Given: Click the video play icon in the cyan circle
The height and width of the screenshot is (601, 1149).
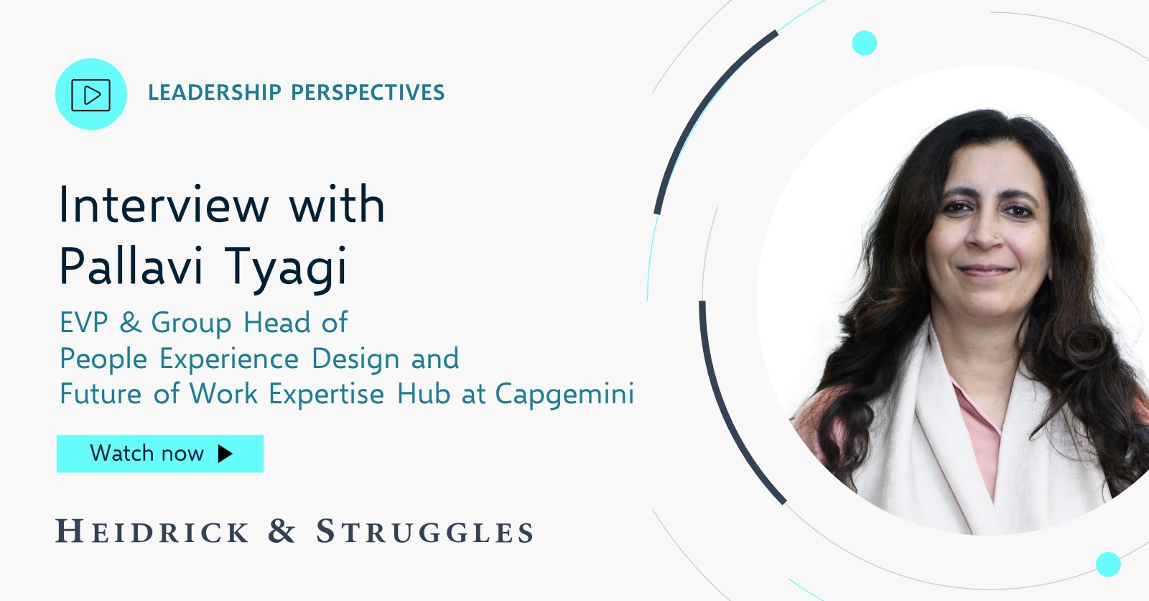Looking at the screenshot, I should (91, 95).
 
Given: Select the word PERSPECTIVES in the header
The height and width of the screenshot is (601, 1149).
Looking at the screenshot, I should (368, 93).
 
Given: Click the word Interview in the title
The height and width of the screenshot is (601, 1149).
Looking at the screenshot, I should (164, 205).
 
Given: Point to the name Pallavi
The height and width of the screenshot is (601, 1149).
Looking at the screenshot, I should (131, 266).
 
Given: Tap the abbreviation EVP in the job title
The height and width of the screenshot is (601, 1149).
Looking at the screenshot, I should (84, 323).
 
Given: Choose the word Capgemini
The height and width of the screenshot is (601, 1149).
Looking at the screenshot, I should (564, 394).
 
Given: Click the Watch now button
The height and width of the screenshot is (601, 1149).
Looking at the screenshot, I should (159, 454).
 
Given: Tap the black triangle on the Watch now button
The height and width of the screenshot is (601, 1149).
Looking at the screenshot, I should (225, 454).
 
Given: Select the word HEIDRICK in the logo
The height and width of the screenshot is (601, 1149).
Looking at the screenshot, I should (152, 532).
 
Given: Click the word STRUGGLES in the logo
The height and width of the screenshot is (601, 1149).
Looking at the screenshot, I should (425, 532).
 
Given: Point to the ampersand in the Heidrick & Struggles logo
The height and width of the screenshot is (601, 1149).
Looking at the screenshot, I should (282, 531).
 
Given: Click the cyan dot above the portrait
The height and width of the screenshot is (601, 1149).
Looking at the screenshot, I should (864, 43).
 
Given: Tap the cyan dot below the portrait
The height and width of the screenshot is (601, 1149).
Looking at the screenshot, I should (1108, 564).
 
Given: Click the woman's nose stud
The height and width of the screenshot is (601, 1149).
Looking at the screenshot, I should (995, 235).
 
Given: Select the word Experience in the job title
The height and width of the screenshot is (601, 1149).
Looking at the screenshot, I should (229, 359).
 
